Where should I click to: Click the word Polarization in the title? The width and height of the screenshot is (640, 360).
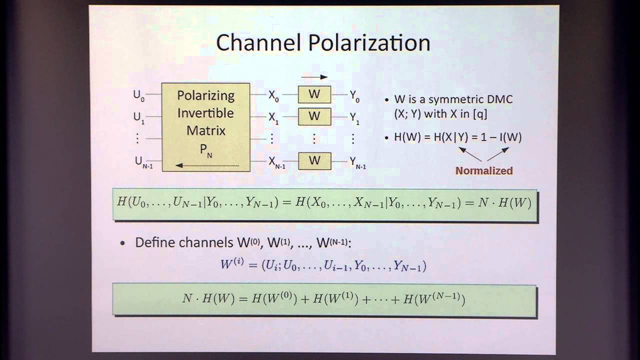coord(369,43)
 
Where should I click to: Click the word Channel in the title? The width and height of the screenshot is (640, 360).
coord(259,43)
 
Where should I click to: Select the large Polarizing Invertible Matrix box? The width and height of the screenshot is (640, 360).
coord(206,127)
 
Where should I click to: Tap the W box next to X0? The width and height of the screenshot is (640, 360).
coord(314,94)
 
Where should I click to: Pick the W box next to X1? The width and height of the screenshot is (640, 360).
coord(314,116)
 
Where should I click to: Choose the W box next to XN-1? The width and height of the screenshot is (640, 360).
coord(314,160)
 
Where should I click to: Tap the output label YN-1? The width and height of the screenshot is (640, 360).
coord(357,162)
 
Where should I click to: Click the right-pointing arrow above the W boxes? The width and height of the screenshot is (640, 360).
coord(314,77)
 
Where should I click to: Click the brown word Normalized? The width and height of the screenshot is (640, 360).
coord(484,171)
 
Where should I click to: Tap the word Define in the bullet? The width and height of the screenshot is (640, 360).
coord(156,242)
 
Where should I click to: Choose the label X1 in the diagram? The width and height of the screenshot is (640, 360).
coord(273,117)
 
